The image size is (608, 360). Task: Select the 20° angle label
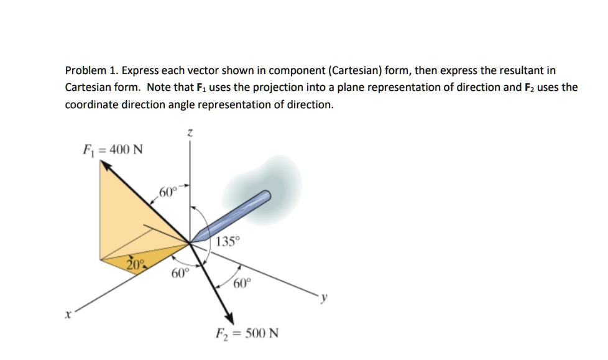coord(136,264)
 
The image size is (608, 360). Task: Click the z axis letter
coord(190,132)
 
